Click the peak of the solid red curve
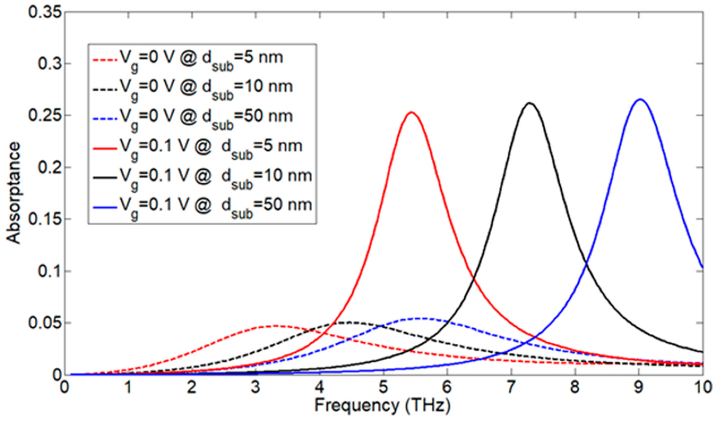pyautogui.click(x=411, y=112)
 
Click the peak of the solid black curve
pyautogui.click(x=529, y=103)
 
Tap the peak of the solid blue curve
pyautogui.click(x=640, y=99)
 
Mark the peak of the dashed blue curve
pyautogui.click(x=425, y=318)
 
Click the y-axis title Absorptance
pyautogui.click(x=14, y=194)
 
